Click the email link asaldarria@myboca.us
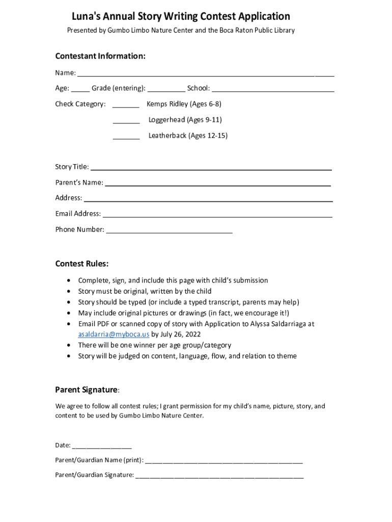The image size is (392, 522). tap(114, 334)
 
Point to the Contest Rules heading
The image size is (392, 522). tap(82, 264)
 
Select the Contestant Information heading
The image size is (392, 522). tap(100, 56)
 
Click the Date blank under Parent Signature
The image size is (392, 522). tap(102, 447)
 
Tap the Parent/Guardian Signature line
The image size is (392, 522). tap(219, 477)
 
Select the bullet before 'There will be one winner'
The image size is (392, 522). tap(69, 345)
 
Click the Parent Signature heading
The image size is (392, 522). tap(86, 390)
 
